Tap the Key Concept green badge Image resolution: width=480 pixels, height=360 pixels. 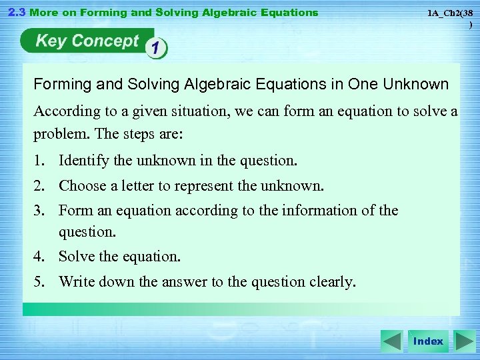pos(86,41)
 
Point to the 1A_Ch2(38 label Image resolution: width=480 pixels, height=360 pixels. pos(450,13)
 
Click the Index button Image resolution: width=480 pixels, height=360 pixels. pos(428,341)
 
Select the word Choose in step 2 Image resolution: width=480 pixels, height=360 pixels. pos(82,186)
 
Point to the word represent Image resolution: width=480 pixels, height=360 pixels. pos(205,186)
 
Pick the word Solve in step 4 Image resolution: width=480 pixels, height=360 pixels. pos(76,257)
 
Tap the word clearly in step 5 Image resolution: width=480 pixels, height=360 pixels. pos(332,282)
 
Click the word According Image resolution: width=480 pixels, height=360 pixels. pos(64,111)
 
